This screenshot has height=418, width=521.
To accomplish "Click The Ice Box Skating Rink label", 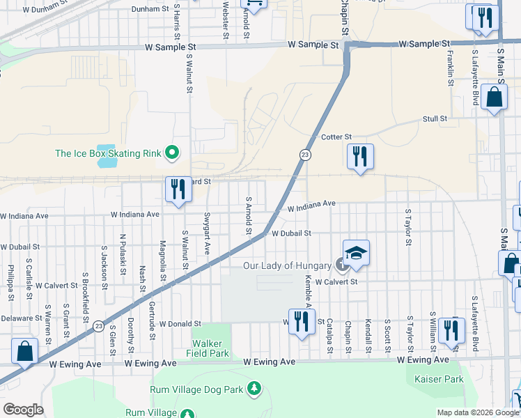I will click(x=108, y=153).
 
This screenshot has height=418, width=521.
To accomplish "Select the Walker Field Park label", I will click(x=208, y=348).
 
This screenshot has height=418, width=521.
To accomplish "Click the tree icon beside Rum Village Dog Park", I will click(x=255, y=387).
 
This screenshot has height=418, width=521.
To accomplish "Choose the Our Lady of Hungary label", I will click(x=286, y=265).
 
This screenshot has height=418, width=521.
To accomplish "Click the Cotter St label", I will click(x=336, y=137).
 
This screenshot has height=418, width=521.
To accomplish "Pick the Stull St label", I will click(x=435, y=119).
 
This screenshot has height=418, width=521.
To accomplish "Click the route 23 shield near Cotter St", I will click(x=305, y=154).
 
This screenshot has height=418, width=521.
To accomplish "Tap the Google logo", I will click(x=23, y=410).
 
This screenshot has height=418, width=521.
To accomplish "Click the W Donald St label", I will click(x=180, y=324).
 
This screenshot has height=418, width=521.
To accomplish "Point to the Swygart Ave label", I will click(x=207, y=233).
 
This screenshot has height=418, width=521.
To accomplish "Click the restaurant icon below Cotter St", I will click(x=360, y=157).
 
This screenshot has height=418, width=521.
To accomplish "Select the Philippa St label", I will click(x=10, y=282).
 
